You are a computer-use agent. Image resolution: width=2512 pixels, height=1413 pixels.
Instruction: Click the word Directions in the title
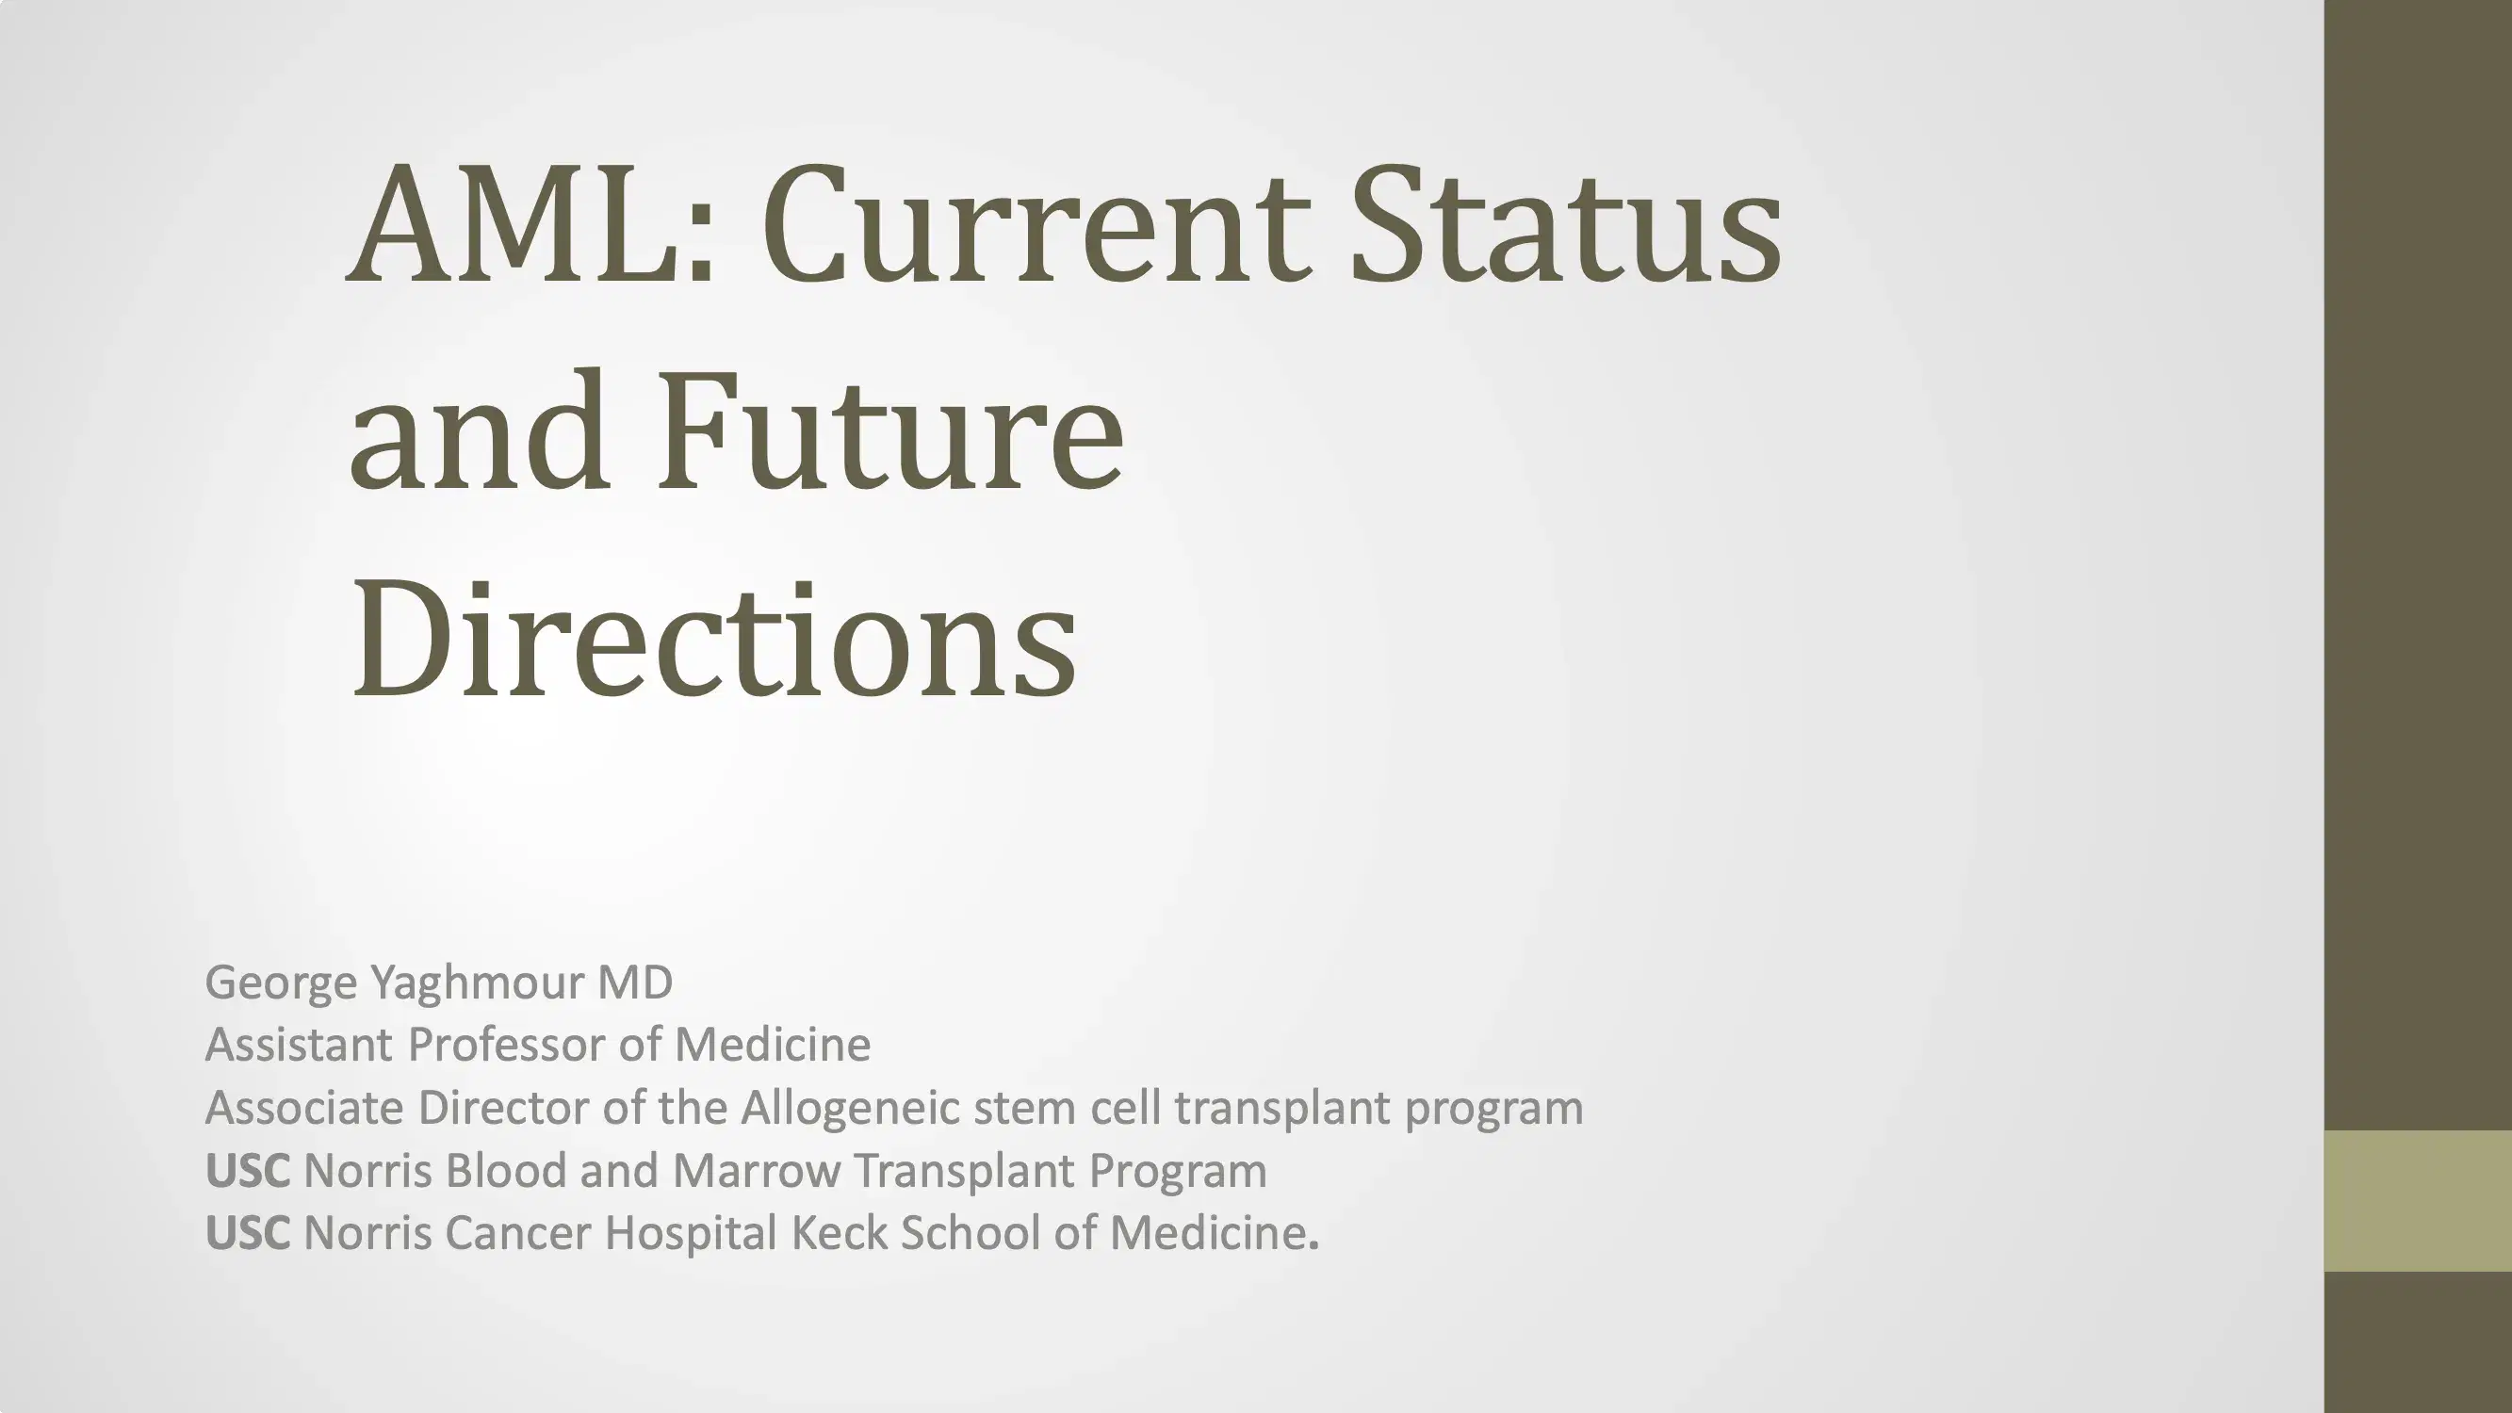pos(714,640)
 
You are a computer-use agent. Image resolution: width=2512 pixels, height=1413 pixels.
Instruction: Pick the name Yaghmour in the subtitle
pos(478,983)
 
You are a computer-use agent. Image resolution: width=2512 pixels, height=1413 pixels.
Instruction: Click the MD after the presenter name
pos(635,982)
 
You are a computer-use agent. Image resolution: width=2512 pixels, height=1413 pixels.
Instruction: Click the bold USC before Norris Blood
pos(248,1170)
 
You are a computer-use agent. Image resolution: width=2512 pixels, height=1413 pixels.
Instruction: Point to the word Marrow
pos(757,1170)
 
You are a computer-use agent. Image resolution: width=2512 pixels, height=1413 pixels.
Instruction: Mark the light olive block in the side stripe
pos(2418,1200)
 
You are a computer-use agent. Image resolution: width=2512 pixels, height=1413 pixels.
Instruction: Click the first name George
pos(282,983)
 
